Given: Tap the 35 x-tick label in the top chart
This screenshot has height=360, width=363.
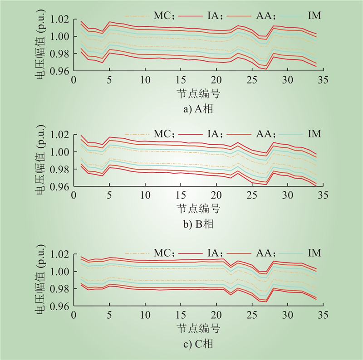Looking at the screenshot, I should tap(322, 80).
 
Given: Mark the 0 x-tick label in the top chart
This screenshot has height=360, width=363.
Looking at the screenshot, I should tap(74, 80).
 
